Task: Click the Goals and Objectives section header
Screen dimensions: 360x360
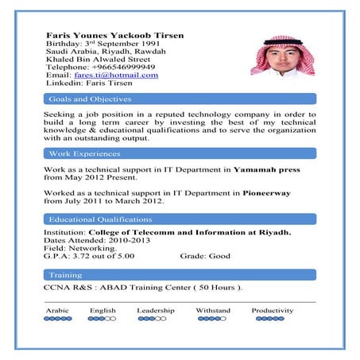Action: point(90,99)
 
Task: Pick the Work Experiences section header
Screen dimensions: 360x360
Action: point(83,153)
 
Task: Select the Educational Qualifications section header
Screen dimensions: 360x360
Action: point(100,219)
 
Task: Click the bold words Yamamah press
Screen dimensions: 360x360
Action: point(265,169)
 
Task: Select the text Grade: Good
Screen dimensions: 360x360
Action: point(205,257)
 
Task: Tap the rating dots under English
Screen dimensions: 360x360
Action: point(102,319)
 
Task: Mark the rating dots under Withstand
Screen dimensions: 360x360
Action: point(211,319)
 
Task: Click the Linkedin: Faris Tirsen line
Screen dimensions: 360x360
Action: point(89,83)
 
